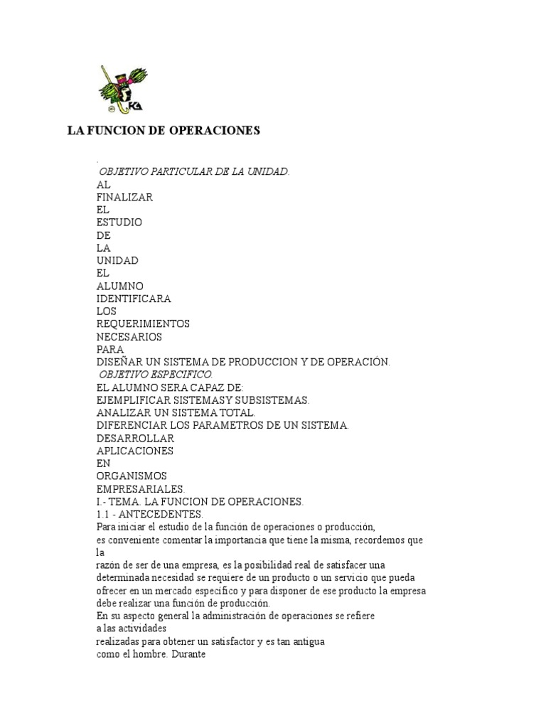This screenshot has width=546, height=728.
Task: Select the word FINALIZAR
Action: [x=124, y=196]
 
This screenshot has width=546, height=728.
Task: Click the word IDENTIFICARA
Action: [x=134, y=298]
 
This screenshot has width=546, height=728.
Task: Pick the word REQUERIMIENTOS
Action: [x=143, y=323]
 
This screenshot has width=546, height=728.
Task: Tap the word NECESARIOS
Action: [x=129, y=336]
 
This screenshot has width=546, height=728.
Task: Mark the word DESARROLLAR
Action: [x=135, y=438]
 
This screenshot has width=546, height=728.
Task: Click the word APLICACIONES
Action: [x=135, y=451]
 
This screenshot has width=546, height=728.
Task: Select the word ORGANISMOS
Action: [x=132, y=476]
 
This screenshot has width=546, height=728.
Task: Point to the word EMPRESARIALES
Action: [x=140, y=488]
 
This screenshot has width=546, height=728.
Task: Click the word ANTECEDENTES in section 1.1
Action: [x=168, y=514]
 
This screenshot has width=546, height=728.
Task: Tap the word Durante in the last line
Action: [x=188, y=655]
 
